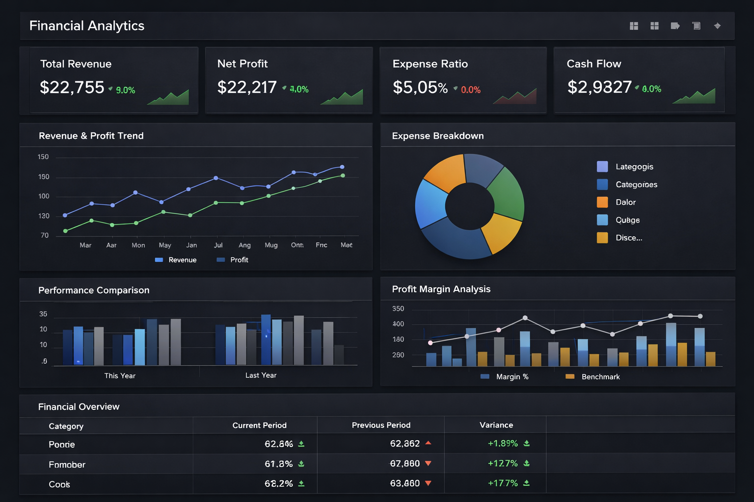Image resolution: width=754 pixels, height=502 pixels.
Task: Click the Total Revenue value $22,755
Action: [72, 88]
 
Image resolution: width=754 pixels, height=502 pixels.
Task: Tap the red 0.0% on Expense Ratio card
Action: [470, 90]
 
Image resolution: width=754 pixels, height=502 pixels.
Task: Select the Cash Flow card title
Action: [593, 64]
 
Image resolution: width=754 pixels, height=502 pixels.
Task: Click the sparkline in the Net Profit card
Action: [342, 97]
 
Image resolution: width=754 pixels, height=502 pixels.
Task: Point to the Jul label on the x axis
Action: [218, 245]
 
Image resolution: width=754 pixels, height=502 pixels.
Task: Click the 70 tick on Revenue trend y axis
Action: [45, 235]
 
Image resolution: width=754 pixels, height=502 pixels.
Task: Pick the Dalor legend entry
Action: [625, 202]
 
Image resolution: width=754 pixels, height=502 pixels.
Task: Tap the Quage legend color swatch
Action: [602, 220]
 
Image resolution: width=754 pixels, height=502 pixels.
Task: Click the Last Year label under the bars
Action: [261, 376]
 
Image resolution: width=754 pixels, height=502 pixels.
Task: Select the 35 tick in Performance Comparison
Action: [43, 314]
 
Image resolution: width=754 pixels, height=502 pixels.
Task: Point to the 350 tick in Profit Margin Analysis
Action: [398, 309]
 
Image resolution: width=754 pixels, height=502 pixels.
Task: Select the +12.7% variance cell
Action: [503, 464]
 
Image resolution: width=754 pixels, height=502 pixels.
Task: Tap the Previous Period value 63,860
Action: [404, 483]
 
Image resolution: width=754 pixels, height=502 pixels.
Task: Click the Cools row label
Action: [59, 484]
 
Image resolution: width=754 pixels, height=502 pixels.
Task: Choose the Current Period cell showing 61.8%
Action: [278, 464]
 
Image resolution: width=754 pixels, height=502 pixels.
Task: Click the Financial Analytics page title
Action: [87, 26]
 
